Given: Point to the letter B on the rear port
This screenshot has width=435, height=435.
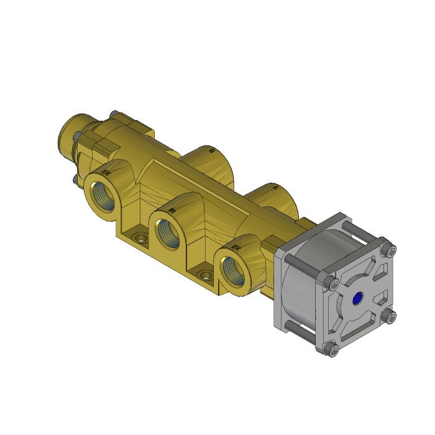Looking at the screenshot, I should (x=212, y=151).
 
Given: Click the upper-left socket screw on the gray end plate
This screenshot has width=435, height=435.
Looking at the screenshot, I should (x=334, y=283).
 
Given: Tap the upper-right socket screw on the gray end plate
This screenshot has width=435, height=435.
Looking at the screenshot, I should (x=389, y=250).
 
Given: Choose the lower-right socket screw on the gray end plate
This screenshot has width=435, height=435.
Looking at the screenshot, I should (x=390, y=318).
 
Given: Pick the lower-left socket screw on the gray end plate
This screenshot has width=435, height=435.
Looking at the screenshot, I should (x=334, y=351).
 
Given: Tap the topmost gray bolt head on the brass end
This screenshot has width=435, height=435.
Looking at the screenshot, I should (x=113, y=114).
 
